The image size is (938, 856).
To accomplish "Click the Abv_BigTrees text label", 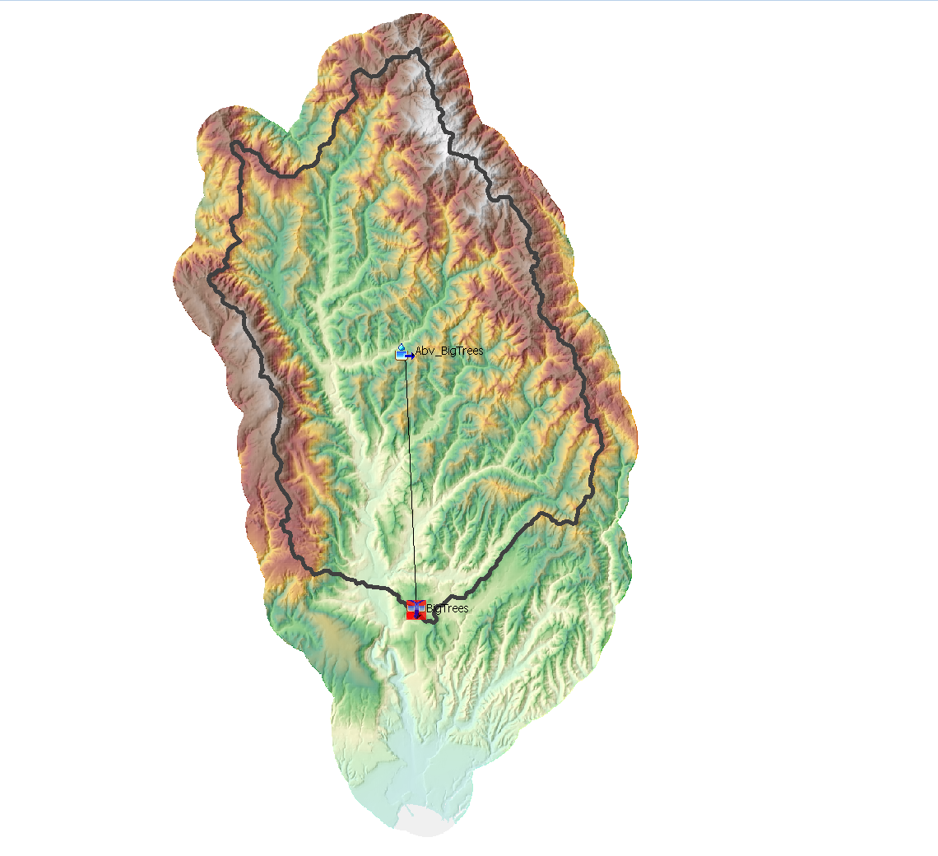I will [x=449, y=351].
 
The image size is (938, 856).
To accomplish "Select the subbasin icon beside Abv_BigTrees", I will [x=403, y=353].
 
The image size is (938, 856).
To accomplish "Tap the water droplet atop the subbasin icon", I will [x=401, y=347].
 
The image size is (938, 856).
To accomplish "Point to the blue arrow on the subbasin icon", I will [x=409, y=356].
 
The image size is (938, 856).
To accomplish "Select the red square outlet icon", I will [x=415, y=610].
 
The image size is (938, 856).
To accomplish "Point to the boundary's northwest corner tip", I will [x=232, y=145].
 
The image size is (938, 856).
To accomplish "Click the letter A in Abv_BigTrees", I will [x=419, y=351].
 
